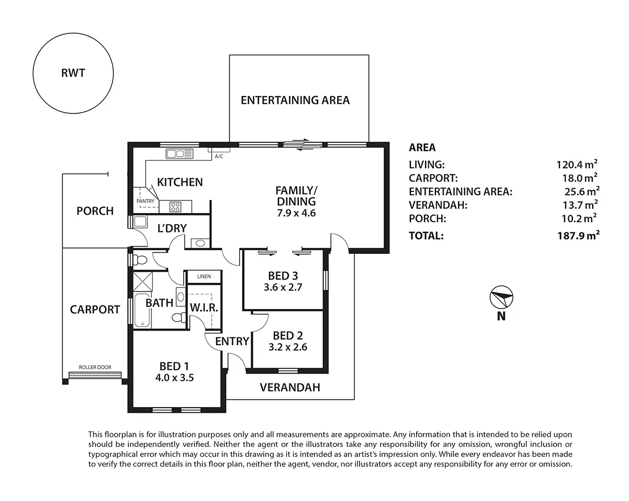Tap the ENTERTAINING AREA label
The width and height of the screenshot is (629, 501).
click(295, 100)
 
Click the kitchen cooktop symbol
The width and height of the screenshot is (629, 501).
click(175, 207)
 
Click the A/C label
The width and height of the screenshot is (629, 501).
click(219, 156)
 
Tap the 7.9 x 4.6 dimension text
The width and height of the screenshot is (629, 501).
click(296, 212)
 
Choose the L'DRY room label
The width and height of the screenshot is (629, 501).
click(173, 228)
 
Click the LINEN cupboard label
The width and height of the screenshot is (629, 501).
click(204, 276)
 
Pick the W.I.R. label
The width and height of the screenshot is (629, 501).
click(203, 307)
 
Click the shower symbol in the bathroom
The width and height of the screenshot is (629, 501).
click(142, 282)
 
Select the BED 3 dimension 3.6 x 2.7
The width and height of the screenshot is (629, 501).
click(286, 287)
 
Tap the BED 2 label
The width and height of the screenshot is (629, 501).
click(288, 335)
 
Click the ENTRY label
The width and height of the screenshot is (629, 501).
click(232, 342)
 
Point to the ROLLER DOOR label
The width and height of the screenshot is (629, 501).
click(95, 367)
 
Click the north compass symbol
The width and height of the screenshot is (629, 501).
click(501, 299)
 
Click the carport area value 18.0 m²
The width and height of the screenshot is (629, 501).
click(579, 178)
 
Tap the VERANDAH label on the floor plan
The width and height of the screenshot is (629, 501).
click(290, 388)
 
